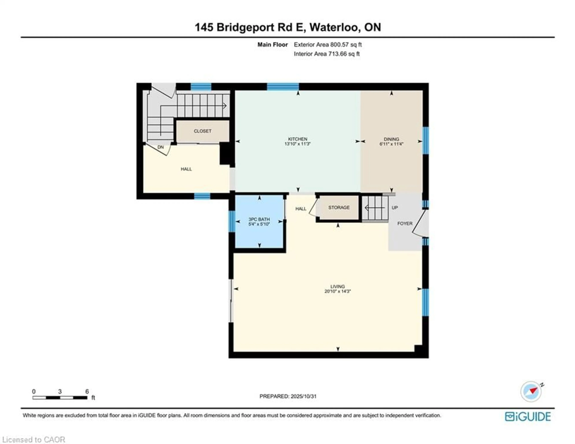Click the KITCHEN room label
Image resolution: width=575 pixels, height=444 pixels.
pos(298,139)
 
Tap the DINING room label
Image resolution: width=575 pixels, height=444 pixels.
pos(391,139)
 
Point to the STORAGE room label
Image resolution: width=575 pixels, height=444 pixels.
pos(339,207)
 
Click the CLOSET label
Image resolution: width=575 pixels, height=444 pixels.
pos(202,131)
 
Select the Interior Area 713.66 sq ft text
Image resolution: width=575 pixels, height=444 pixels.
pos(326,54)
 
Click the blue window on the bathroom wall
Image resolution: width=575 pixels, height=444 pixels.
pos(231,221)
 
